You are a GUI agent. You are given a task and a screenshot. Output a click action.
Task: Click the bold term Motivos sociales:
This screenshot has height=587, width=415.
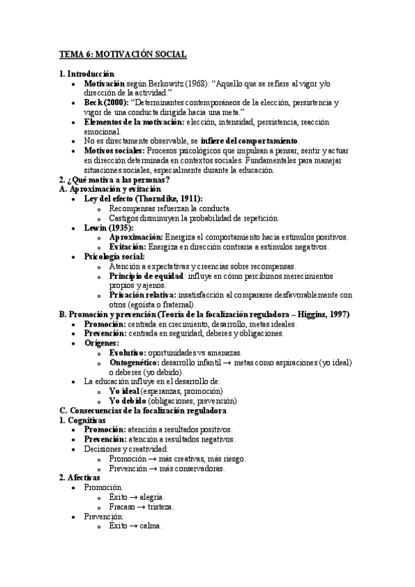(114, 150)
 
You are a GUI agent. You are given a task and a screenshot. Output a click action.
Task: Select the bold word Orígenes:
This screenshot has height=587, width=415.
(101, 343)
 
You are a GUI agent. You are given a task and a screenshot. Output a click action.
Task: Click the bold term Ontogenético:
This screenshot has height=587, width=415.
(134, 362)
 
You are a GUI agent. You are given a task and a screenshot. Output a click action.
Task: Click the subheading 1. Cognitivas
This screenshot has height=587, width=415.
(82, 419)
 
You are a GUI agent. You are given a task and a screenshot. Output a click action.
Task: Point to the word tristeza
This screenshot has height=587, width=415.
(159, 507)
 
